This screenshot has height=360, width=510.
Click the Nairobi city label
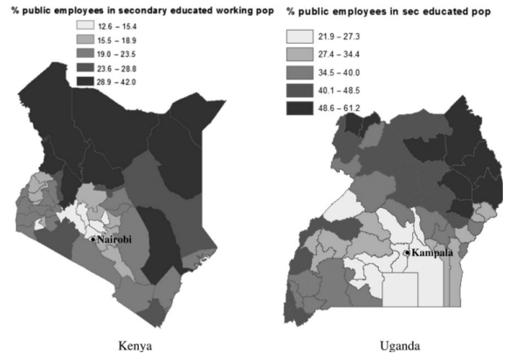point(114,240)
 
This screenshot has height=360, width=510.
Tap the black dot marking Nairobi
point(91,239)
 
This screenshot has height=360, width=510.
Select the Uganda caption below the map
point(399,344)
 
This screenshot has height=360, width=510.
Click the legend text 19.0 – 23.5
point(127,54)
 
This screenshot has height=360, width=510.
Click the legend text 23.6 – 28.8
point(127,66)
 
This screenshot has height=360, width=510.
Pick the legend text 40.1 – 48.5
point(345,91)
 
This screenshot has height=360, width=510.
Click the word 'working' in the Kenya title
point(203,10)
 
